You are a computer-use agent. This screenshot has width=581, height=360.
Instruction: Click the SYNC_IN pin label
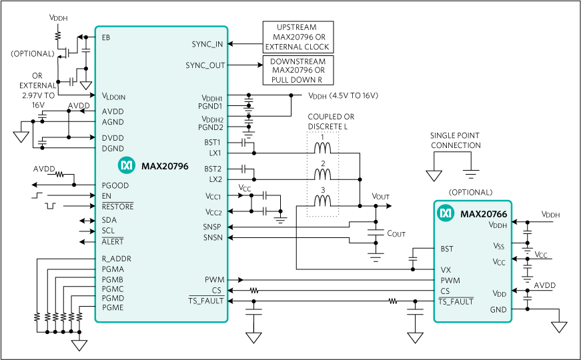tap(207, 44)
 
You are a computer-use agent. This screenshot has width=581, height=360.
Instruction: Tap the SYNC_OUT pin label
tap(205, 65)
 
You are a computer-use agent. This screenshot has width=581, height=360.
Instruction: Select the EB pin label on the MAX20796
tap(106, 37)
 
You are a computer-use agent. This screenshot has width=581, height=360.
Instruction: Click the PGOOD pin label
tap(115, 185)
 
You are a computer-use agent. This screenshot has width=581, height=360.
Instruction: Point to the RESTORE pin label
tap(117, 207)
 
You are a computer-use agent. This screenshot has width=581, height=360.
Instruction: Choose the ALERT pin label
tap(113, 241)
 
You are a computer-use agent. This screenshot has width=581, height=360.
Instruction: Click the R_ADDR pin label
tap(116, 259)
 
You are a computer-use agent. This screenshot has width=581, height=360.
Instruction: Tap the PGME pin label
tap(113, 308)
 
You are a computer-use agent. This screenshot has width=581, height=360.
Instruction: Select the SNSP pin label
tap(212, 227)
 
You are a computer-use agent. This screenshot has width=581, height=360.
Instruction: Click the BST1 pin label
tap(213, 142)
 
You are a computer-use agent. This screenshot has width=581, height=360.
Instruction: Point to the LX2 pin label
tap(215, 179)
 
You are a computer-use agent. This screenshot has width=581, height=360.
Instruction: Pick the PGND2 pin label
tap(210, 127)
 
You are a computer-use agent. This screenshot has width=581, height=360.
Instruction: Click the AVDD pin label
tap(113, 111)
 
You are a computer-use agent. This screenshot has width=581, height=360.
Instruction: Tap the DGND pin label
tap(113, 149)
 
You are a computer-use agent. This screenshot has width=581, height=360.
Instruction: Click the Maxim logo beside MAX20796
tap(127, 165)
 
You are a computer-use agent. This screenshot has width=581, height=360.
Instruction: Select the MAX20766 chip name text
tap(484, 214)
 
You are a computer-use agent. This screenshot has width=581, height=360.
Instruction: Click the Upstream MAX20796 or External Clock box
tap(298, 37)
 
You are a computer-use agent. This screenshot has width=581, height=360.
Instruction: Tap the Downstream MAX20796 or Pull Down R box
tap(298, 71)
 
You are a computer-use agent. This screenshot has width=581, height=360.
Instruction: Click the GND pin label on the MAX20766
tap(498, 309)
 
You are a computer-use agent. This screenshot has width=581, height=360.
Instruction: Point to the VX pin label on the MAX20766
tap(446, 270)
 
